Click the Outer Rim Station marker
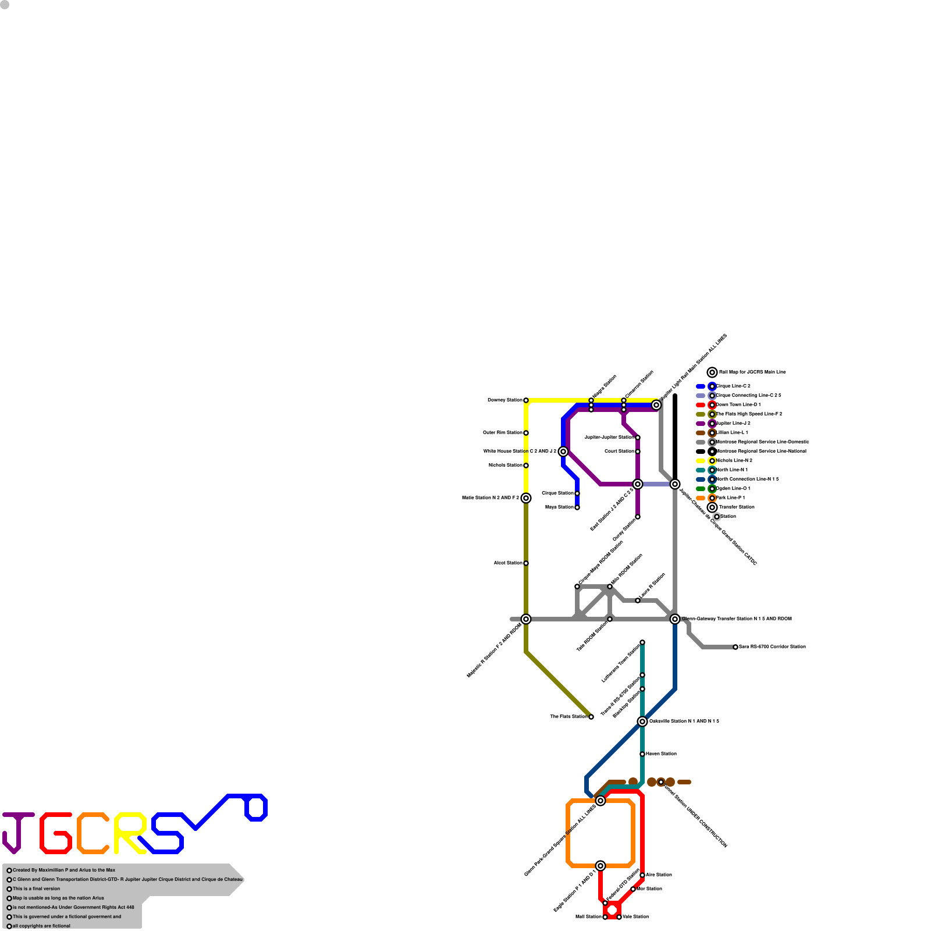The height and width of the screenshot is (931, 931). [x=526, y=433]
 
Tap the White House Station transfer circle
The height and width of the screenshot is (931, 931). [x=563, y=452]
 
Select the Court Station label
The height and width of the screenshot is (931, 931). [x=619, y=452]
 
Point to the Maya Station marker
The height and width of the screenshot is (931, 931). [x=577, y=507]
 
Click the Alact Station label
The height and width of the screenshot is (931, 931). [x=507, y=563]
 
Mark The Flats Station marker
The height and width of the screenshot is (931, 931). [x=591, y=717]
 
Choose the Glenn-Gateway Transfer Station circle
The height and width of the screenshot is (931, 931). [x=675, y=619]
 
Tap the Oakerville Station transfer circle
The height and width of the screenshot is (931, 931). [x=642, y=722]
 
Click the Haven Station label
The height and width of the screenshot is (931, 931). [x=661, y=754]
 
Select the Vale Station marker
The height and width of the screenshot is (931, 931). [x=619, y=917]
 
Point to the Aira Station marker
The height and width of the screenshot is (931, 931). [x=642, y=875]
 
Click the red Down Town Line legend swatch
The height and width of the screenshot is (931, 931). [x=701, y=405]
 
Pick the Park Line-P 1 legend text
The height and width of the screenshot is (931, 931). [x=730, y=498]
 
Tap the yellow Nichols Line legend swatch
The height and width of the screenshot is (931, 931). [x=701, y=461]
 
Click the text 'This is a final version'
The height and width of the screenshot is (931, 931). [x=36, y=889]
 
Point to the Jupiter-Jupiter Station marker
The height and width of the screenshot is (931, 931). [x=638, y=438]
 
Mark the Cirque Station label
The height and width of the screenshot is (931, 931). [x=557, y=493]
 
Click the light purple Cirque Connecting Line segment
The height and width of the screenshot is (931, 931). [x=656, y=484]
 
